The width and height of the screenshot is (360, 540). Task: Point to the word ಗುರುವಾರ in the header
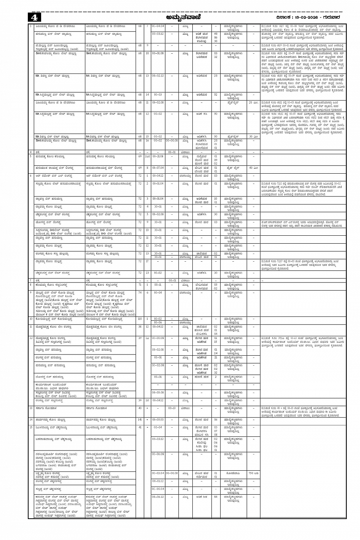(x=330, y=18)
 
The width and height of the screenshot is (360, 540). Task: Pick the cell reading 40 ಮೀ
(x=253, y=168)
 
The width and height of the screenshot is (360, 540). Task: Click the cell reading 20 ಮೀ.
(x=253, y=102)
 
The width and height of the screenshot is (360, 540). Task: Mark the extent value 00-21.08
(x=158, y=156)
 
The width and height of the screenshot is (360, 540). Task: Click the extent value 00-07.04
(x=158, y=168)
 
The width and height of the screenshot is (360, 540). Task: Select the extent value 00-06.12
(x=158, y=497)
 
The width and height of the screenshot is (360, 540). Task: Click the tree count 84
(x=216, y=497)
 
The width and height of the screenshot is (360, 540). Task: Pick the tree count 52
(x=216, y=94)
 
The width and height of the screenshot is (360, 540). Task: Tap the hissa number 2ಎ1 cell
(x=147, y=156)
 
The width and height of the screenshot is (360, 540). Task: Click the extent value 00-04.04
(x=158, y=26)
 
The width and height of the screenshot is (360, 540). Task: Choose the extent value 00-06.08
(x=158, y=454)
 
